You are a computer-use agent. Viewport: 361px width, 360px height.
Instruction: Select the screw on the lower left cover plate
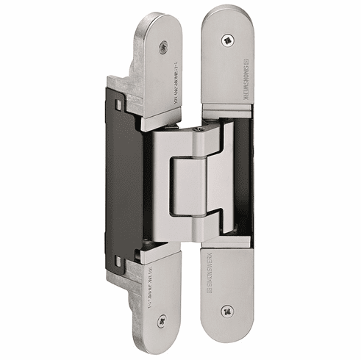pos(162,321)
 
